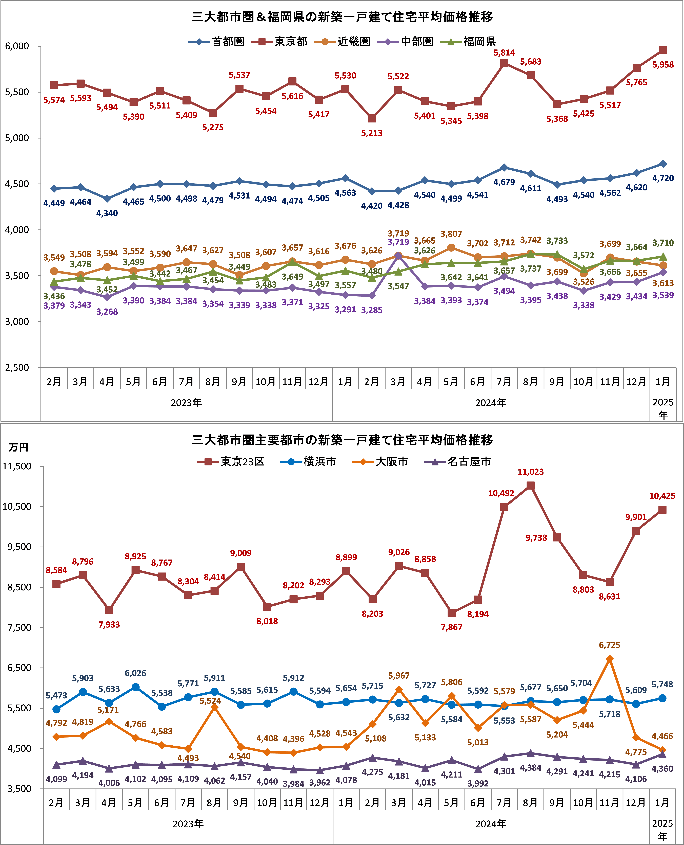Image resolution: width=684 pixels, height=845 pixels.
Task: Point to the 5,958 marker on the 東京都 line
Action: (x=663, y=50)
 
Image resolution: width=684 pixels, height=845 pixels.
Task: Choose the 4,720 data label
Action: (x=663, y=178)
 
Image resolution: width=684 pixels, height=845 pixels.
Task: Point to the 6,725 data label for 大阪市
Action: (x=610, y=645)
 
